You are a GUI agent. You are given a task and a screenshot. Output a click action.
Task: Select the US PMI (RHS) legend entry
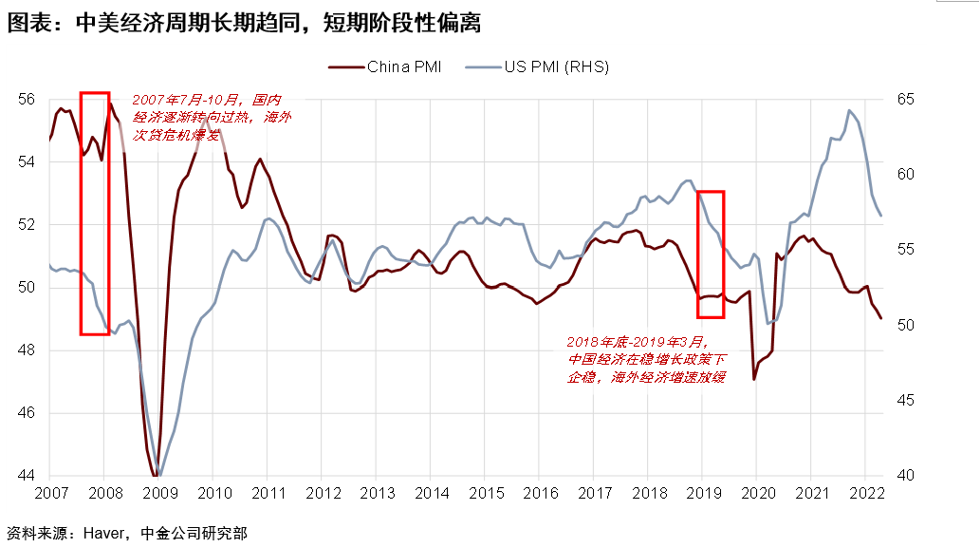click(x=556, y=66)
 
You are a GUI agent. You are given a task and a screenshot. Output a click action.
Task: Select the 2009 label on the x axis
click(x=158, y=494)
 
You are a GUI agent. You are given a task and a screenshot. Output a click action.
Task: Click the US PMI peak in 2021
click(x=849, y=110)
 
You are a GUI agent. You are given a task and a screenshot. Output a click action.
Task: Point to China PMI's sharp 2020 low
click(x=754, y=380)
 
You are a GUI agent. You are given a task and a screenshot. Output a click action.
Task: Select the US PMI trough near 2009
click(x=159, y=476)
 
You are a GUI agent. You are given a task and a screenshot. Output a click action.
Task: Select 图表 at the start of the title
click(x=25, y=24)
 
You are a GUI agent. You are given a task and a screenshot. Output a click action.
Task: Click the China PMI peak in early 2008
click(x=110, y=104)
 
